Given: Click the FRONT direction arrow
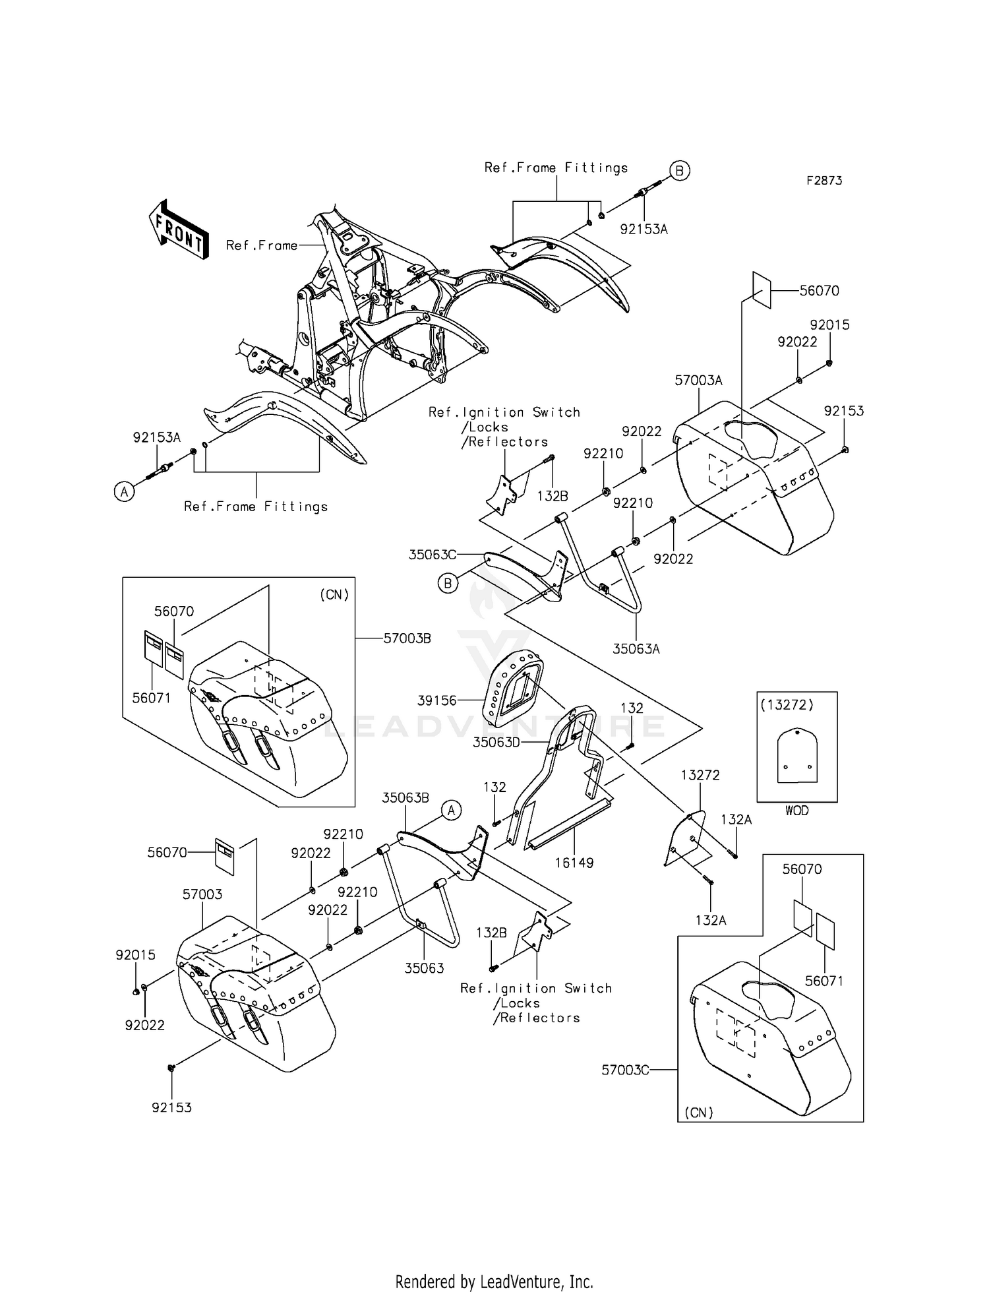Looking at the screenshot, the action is click(179, 229).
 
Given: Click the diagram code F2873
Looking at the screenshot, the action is click(824, 180).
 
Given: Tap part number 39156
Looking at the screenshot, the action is click(436, 700).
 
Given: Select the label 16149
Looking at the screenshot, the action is click(574, 863).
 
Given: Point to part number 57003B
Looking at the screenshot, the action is click(407, 638).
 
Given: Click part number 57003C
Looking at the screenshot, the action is click(625, 1070).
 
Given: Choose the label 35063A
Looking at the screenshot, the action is click(636, 649).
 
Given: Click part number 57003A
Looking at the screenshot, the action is click(698, 381).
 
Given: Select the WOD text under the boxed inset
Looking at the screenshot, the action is click(796, 811).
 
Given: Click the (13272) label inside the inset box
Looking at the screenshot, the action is click(787, 704).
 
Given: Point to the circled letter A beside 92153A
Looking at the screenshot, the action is click(123, 491).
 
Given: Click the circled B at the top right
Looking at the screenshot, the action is click(680, 171).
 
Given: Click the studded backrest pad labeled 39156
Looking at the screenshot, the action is click(514, 685).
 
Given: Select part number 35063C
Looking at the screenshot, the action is click(433, 555).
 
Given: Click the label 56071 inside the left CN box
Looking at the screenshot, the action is click(152, 698).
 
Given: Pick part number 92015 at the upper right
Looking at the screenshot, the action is click(830, 325).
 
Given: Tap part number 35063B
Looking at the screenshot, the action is click(405, 797).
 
